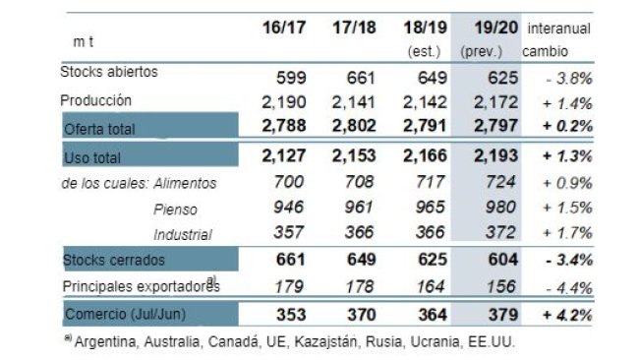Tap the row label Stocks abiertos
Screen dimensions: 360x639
coord(108,71)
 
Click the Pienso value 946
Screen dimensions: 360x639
coord(284,209)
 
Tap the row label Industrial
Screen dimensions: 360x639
coord(185,234)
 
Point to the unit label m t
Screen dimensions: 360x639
coord(85,43)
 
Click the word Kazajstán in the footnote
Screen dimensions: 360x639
coord(291,342)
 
